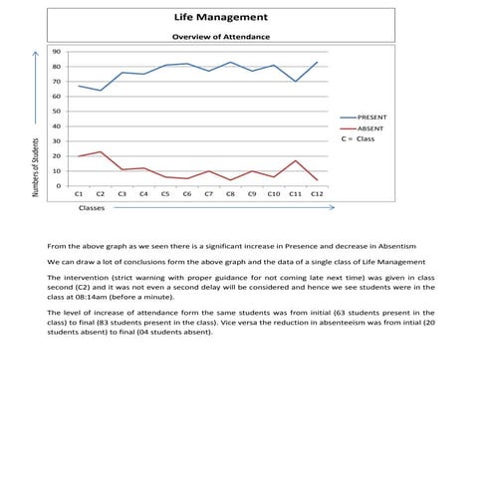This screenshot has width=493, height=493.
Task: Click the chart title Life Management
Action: point(219,18)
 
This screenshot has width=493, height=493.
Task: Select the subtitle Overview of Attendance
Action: point(219,37)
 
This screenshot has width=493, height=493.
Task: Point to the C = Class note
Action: point(357,139)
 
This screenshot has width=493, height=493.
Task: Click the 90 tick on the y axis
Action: point(57,51)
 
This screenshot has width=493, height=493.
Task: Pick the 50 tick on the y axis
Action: point(57,112)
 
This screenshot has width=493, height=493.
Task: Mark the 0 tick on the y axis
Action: point(59,186)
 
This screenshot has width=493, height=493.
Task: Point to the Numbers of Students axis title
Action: point(36,167)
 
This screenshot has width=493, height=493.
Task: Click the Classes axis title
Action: point(92,209)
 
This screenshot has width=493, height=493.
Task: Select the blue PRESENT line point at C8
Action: point(230,62)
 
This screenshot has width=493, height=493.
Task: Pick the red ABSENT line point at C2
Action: point(100,152)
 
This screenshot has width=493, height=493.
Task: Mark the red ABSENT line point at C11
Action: point(295,160)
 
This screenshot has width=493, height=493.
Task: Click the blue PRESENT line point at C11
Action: point(295,81)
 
